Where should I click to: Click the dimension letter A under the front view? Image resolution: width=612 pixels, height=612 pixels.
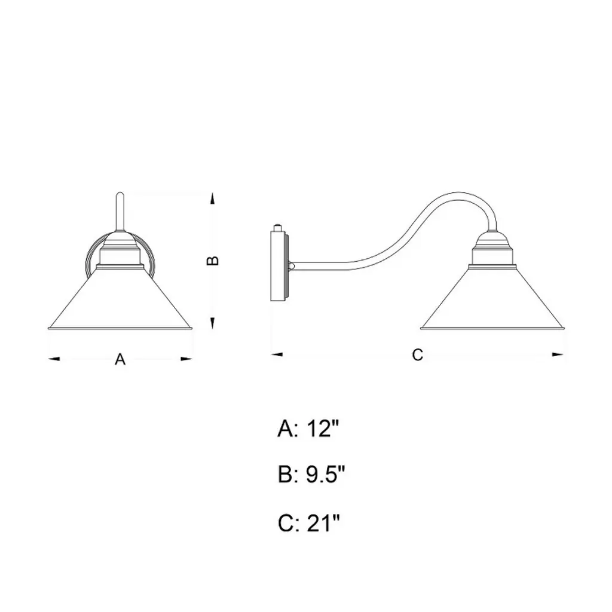[x=120, y=359]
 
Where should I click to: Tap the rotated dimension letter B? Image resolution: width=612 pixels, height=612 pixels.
[x=212, y=261]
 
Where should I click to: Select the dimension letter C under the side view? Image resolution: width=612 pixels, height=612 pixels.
[x=418, y=355]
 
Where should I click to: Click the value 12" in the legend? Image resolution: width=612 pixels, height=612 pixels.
[x=322, y=429]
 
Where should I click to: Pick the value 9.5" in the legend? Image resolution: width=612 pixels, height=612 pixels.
[x=326, y=475]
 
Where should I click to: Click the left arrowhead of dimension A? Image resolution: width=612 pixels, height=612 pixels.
[x=54, y=359]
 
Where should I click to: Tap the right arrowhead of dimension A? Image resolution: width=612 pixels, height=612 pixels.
[x=186, y=359]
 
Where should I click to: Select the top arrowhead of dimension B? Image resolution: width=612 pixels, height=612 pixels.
[x=212, y=198]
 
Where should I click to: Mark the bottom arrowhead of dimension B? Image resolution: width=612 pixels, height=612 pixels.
[x=212, y=323]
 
